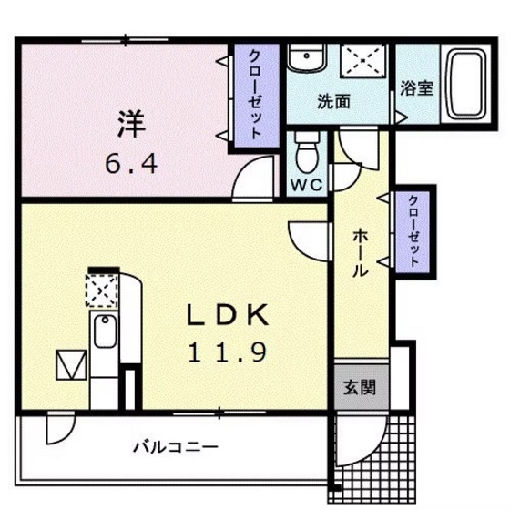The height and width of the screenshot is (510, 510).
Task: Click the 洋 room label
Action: tap(127, 122)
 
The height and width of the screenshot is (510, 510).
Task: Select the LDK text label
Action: tap(227, 314)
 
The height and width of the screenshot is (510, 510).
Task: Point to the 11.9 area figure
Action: tap(227, 351)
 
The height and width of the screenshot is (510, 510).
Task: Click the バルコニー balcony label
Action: tap(175, 447)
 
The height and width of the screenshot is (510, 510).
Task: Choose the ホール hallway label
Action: tap(360, 252)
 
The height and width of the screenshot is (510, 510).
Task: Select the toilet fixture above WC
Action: tap(307, 151)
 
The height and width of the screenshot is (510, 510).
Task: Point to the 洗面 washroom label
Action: tap(333, 102)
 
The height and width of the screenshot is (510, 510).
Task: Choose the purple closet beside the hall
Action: tap(413, 231)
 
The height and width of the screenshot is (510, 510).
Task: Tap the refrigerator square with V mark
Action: tap(68, 365)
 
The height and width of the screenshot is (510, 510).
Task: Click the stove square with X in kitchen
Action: tap(101, 291)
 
